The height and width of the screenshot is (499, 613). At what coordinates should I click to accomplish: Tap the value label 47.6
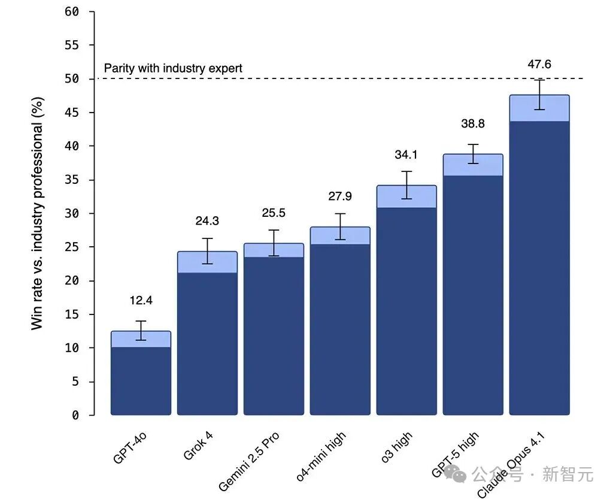pyautogui.click(x=539, y=65)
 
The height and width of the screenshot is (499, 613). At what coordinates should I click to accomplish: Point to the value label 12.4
pyautogui.click(x=141, y=301)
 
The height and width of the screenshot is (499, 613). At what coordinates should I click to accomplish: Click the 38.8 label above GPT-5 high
pyautogui.click(x=473, y=124)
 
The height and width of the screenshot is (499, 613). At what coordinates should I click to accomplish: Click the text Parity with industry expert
pyautogui.click(x=173, y=68)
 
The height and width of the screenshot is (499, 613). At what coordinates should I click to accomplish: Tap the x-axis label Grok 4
pyautogui.click(x=198, y=450)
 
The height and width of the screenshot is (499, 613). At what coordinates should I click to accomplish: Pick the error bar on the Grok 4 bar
pyautogui.click(x=207, y=251)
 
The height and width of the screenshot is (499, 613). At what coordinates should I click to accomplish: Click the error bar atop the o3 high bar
pyautogui.click(x=406, y=185)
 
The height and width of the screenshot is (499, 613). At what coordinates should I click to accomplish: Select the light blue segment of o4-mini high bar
pyautogui.click(x=339, y=236)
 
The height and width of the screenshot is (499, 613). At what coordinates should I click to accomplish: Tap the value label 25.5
pyautogui.click(x=274, y=213)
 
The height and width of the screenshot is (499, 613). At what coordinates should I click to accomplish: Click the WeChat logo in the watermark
pyautogui.click(x=460, y=476)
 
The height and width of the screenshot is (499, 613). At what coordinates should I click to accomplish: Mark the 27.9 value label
pyautogui.click(x=340, y=196)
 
